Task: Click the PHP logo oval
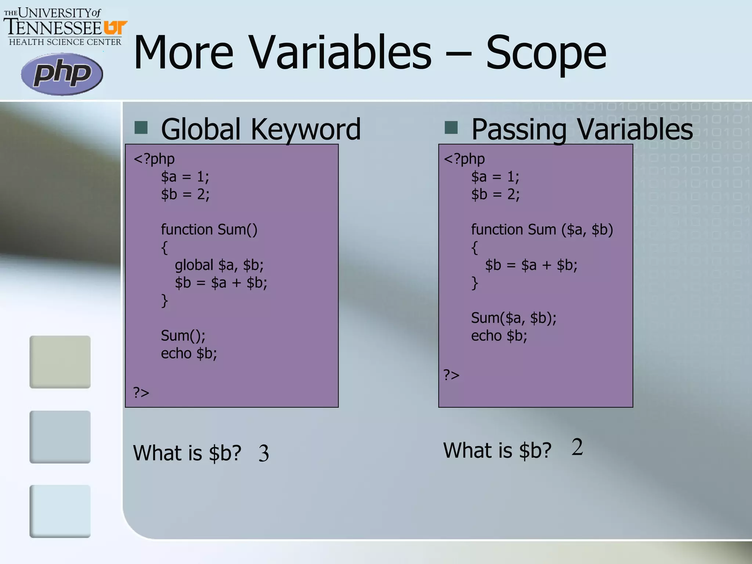coord(62,74)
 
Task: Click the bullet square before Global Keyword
coord(141,127)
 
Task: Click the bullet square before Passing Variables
coord(451,127)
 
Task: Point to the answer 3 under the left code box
coord(264,453)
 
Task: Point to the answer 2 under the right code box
coord(577,447)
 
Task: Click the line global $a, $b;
coord(219,265)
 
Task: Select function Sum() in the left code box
coord(209,229)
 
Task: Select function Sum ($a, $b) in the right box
coord(542,229)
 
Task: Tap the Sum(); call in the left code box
coord(183,336)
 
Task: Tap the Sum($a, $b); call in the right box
coord(513,318)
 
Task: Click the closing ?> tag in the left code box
coord(141,393)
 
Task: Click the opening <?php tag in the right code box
coord(464,159)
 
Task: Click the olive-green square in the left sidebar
coord(60,362)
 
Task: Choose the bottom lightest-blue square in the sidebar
coord(60,511)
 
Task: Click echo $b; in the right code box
coord(499,336)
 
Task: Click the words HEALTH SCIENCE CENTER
coord(65,42)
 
